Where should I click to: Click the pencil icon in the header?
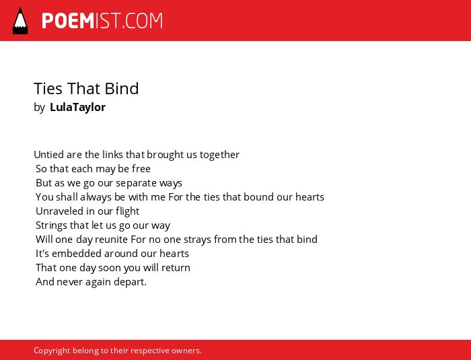tap(20, 21)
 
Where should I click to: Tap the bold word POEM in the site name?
tap(68, 21)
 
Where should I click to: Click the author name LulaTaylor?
tap(77, 107)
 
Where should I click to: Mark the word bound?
tap(260, 197)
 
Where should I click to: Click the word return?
tap(176, 268)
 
